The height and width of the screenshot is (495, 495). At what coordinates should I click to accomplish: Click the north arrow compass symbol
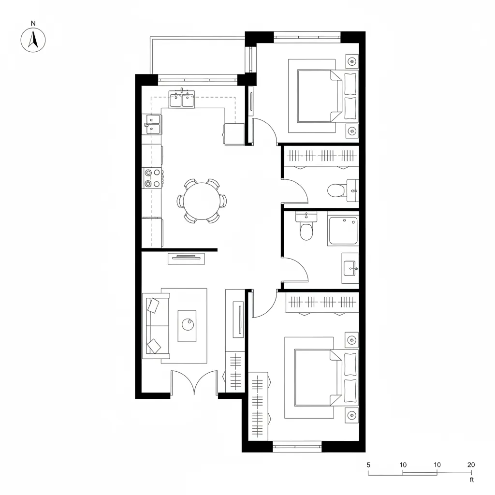[x=33, y=39]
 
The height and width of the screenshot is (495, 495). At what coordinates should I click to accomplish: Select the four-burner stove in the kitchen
[x=152, y=177]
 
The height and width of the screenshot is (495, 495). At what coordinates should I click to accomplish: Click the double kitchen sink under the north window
[x=182, y=100]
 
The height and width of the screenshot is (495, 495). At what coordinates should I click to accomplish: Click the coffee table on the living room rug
[x=187, y=326]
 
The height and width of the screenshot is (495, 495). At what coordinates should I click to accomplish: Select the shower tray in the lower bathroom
[x=343, y=231]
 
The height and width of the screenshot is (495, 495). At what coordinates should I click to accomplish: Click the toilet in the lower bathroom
[x=306, y=229]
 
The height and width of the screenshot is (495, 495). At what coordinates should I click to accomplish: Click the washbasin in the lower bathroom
[x=350, y=268]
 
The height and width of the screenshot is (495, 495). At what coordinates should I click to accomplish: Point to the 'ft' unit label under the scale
[x=471, y=480]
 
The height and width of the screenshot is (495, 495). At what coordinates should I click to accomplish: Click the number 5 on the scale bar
[x=368, y=465]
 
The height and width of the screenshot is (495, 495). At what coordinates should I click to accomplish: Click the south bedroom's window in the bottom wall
[x=297, y=446]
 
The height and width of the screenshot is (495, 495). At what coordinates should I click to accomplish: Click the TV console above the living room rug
[x=187, y=259]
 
